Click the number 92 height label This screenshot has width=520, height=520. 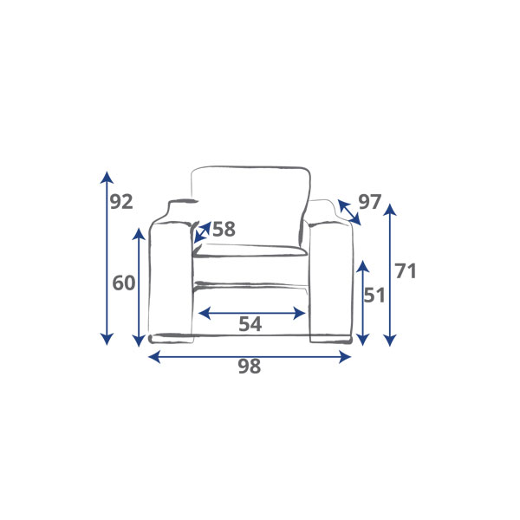121,202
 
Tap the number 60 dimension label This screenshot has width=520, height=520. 124,283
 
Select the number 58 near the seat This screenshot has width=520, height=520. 224,229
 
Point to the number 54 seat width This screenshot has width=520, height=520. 250,324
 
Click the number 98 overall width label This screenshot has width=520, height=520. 250,367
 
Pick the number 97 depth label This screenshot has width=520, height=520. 370,202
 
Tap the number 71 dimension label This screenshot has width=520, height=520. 406,271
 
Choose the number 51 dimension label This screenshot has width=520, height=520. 374,296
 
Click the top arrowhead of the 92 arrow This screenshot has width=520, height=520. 107,177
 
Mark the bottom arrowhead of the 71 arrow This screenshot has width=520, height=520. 390,341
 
